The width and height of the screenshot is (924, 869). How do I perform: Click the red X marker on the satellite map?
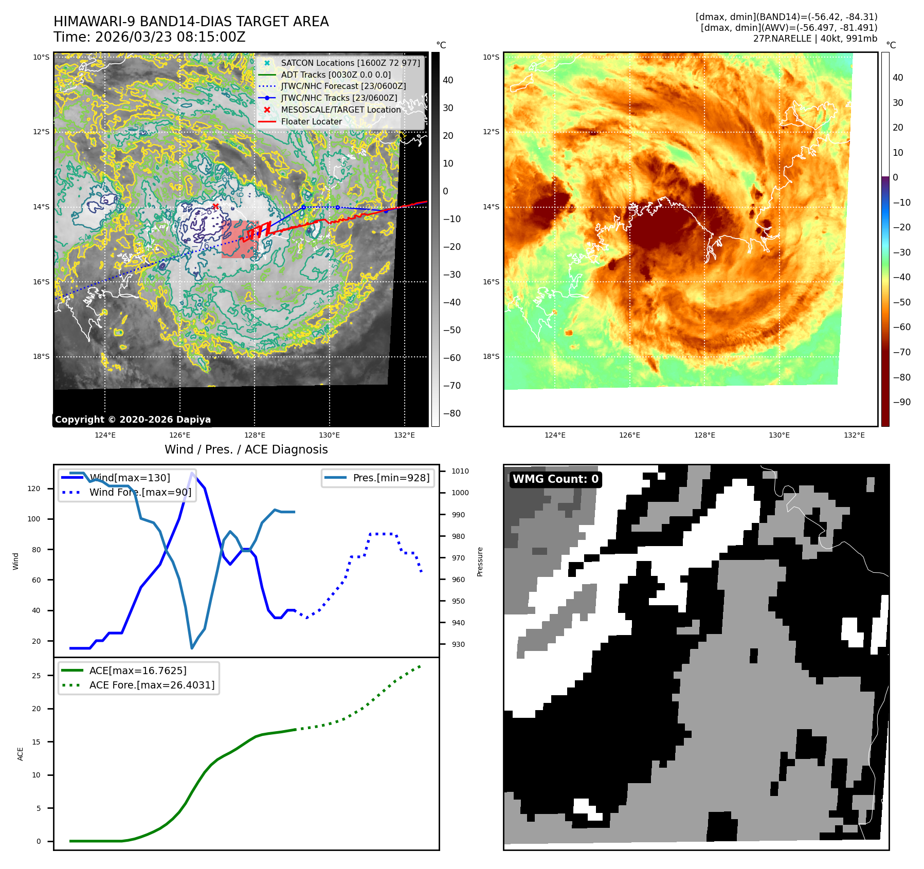[x=215, y=206]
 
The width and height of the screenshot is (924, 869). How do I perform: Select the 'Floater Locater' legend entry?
[x=311, y=121]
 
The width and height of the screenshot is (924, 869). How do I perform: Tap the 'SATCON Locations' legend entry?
[x=350, y=63]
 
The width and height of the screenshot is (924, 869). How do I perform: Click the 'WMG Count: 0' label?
[x=555, y=479]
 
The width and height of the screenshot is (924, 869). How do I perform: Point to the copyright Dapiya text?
[x=133, y=420]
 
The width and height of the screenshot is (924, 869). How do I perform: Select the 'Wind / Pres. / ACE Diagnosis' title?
[x=246, y=449]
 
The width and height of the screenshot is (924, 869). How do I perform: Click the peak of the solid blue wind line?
[x=192, y=473]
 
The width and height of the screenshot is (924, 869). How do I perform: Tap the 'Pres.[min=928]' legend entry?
[x=391, y=478]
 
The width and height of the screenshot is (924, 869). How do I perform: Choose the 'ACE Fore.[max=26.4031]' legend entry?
[x=152, y=685]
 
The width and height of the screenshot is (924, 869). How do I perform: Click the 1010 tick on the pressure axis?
[x=460, y=471]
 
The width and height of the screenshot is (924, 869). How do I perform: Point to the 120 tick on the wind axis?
[x=34, y=488]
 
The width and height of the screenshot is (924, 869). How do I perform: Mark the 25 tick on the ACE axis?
[x=36, y=676]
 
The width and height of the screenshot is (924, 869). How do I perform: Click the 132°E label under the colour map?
[x=854, y=435]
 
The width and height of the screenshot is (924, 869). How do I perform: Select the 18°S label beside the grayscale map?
[x=42, y=356]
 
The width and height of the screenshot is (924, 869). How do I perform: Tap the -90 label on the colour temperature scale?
[x=901, y=402]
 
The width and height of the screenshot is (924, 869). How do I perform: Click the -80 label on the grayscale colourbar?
[x=452, y=413]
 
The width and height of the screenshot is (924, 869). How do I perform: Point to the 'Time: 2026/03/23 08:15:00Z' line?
[x=150, y=37]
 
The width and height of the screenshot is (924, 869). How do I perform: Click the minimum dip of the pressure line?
[x=192, y=648]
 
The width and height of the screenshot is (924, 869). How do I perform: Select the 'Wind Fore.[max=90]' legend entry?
[x=140, y=492]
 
